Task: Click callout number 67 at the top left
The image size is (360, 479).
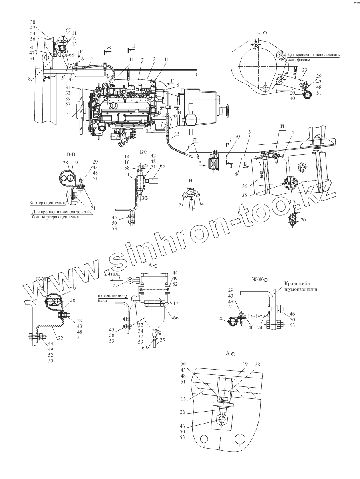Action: [68, 30]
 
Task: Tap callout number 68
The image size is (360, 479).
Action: [72, 55]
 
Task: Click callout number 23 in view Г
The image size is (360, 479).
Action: [304, 70]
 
